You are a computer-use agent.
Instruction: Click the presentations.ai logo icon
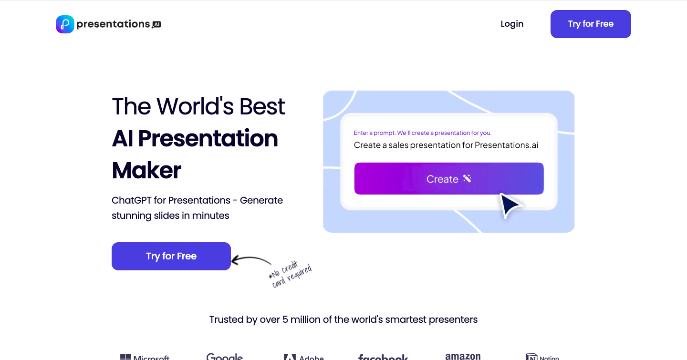65,24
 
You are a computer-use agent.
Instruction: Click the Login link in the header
512,24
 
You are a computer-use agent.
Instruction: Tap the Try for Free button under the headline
171,256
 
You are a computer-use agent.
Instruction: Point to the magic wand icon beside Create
467,179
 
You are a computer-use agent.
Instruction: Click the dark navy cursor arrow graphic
510,206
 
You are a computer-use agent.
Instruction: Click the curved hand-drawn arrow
251,260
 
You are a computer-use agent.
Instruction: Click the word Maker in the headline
146,170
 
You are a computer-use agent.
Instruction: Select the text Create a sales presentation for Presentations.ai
446,145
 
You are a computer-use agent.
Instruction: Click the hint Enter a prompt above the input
422,133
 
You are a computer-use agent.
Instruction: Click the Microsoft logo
145,357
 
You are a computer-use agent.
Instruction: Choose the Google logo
224,357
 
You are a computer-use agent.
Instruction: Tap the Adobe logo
303,357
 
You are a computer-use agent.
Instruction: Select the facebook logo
383,357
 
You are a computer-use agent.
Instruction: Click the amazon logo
462,357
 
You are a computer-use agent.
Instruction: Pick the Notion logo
542,357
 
